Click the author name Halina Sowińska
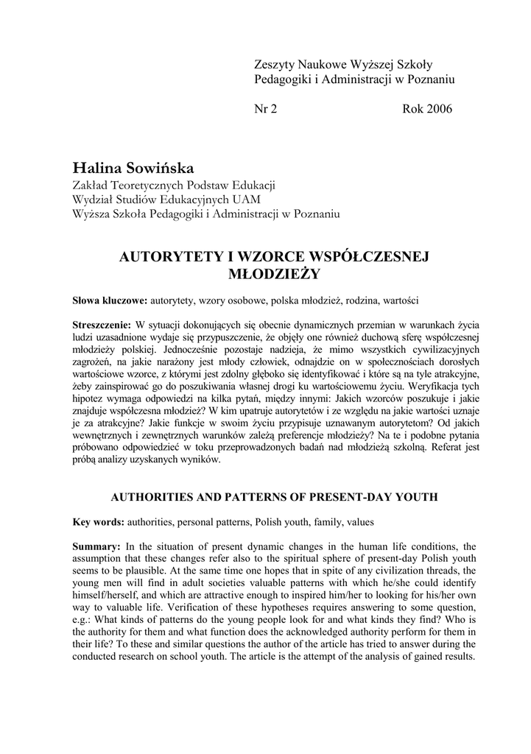133,169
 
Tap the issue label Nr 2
265,110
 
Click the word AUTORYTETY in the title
161,256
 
